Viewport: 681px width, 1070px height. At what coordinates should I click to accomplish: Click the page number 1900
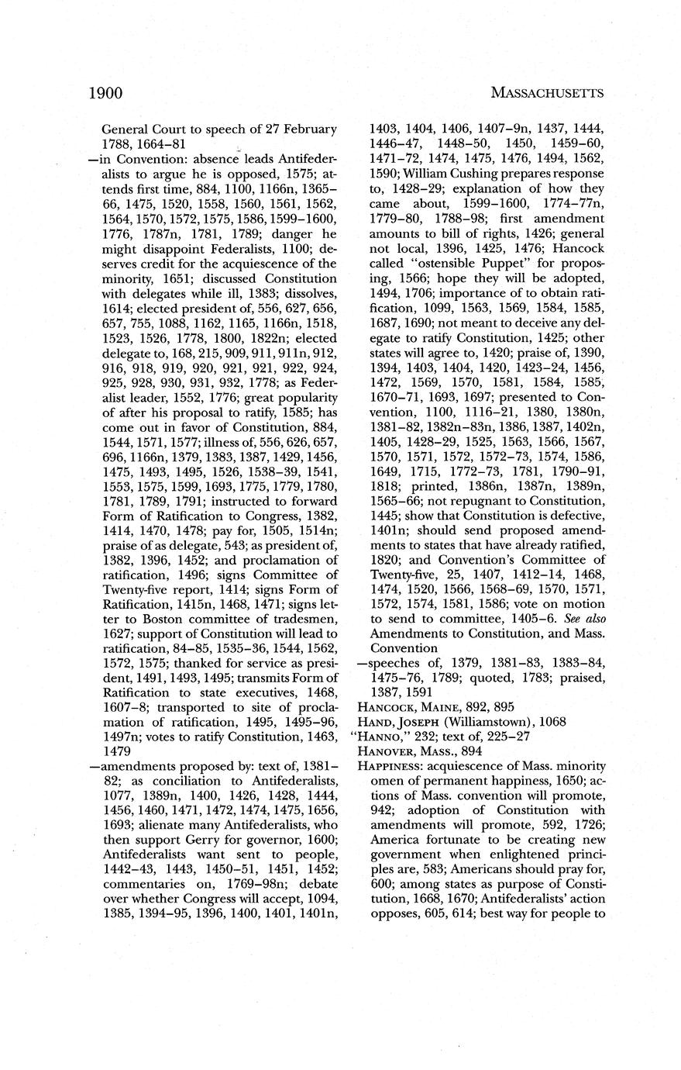click(106, 94)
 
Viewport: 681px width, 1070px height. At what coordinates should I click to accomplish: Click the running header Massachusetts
click(548, 94)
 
